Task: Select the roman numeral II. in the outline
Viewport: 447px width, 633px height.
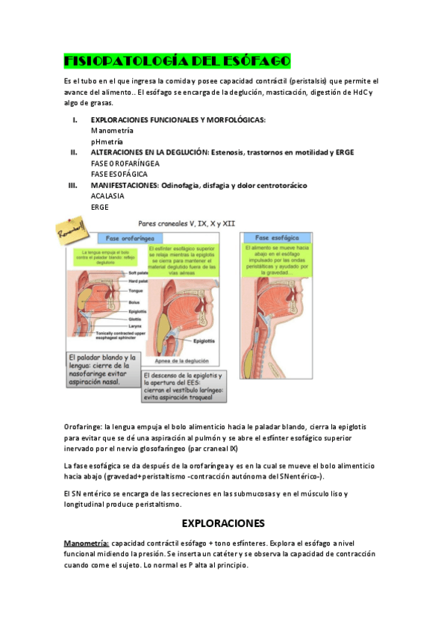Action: point(74,152)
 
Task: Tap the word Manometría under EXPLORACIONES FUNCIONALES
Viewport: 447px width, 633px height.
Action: point(112,131)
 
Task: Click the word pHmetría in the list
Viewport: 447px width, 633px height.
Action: point(107,141)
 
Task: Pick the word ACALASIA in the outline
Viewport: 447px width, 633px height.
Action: point(107,196)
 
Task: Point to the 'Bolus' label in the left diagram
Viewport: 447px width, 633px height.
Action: point(134,301)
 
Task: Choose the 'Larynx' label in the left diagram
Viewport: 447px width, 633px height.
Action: point(135,325)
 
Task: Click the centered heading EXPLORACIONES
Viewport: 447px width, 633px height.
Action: point(223,523)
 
